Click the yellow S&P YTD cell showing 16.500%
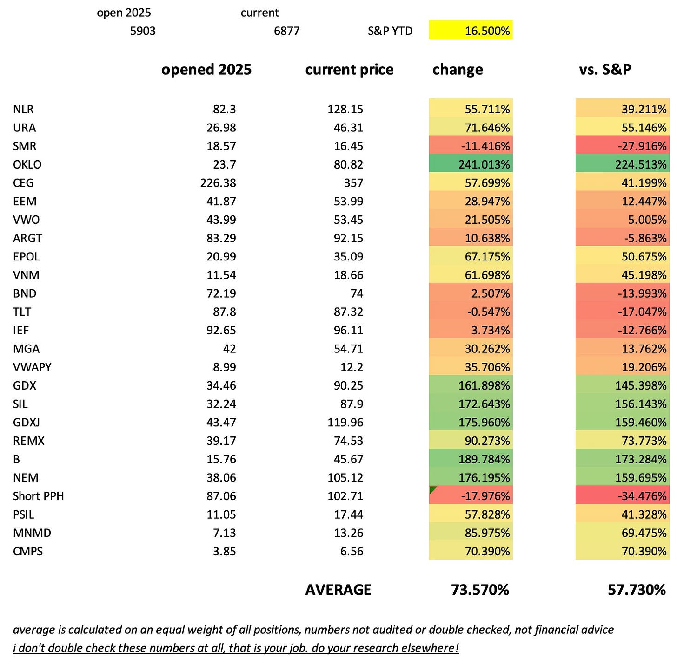[471, 31]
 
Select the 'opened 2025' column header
[206, 70]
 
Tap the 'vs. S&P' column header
[605, 70]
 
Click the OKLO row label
[27, 164]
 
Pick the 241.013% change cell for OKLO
[471, 164]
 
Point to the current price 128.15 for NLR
[345, 109]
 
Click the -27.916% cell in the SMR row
[622, 146]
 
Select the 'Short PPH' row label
[38, 496]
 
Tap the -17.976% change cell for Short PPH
[471, 496]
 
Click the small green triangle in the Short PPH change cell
[432, 489]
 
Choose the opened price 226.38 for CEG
[218, 183]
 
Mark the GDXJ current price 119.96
[345, 422]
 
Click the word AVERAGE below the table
[338, 590]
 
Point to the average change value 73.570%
[480, 590]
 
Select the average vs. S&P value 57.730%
[637, 590]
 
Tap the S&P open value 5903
[143, 31]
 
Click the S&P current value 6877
[286, 31]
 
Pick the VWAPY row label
[32, 367]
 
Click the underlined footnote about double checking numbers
[236, 648]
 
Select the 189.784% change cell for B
[471, 459]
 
